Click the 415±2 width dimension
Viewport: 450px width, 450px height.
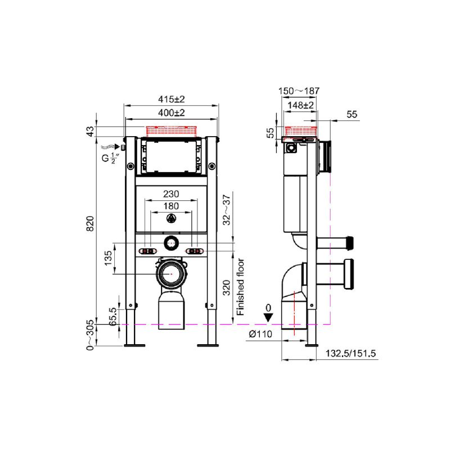click(172, 100)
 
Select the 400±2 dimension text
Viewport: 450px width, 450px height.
click(172, 113)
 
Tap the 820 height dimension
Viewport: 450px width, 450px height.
click(90, 224)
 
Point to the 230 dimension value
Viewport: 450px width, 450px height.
click(171, 194)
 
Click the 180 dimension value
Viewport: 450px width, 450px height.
click(171, 206)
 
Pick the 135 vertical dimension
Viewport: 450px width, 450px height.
click(108, 258)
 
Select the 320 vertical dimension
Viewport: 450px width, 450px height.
click(227, 288)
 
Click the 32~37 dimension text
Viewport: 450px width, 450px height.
click(227, 210)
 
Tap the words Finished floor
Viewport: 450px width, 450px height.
click(240, 287)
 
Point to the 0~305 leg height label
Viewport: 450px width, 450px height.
click(90, 335)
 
